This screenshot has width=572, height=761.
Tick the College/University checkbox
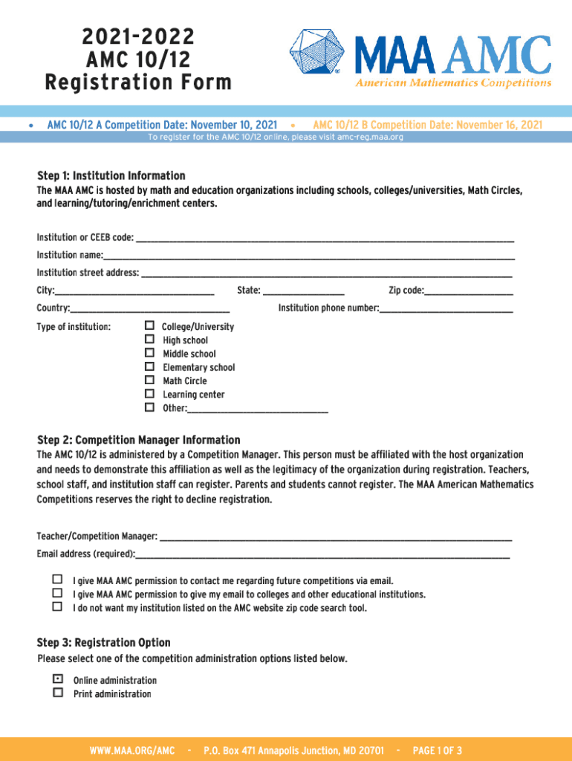pyautogui.click(x=149, y=326)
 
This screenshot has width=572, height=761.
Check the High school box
pyautogui.click(x=149, y=340)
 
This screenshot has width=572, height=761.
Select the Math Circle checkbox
pyautogui.click(x=149, y=380)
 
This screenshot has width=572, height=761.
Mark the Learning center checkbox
pyautogui.click(x=149, y=394)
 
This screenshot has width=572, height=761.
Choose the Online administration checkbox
pyautogui.click(x=58, y=679)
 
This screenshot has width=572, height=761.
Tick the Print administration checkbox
pyautogui.click(x=58, y=693)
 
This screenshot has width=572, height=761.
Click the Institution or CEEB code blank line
pyautogui.click(x=325, y=239)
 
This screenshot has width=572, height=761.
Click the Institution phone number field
pyautogui.click(x=446, y=310)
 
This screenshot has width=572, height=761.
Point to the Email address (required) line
pyautogui.click(x=322, y=556)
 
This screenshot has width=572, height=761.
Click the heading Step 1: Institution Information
pyautogui.click(x=111, y=175)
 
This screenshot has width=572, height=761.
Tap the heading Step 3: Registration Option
pyautogui.click(x=103, y=642)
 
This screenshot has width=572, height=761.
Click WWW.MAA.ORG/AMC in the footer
pyautogui.click(x=131, y=751)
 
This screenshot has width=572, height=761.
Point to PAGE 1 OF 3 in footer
pyautogui.click(x=437, y=751)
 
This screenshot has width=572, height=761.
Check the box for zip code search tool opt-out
pyautogui.click(x=58, y=606)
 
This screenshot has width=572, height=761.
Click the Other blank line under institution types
pyautogui.click(x=258, y=409)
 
